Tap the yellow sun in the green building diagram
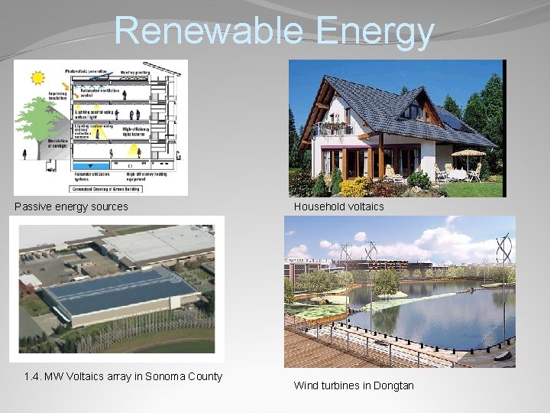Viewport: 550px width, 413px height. [x=37, y=78]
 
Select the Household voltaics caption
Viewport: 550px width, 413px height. [x=338, y=206]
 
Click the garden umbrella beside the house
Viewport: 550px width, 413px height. [x=467, y=154]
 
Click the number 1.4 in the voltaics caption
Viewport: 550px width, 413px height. [x=32, y=376]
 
